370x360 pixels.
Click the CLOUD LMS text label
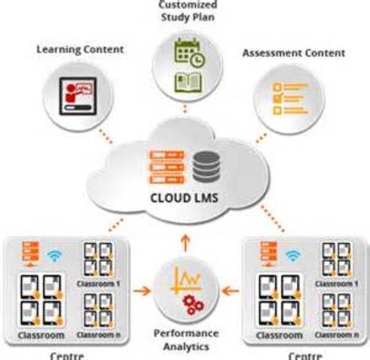[x=185, y=201]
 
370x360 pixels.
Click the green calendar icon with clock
[x=185, y=53]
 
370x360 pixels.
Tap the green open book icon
[x=185, y=81]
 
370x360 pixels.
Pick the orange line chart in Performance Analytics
[x=185, y=279]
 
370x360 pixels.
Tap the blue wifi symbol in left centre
[x=53, y=256]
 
